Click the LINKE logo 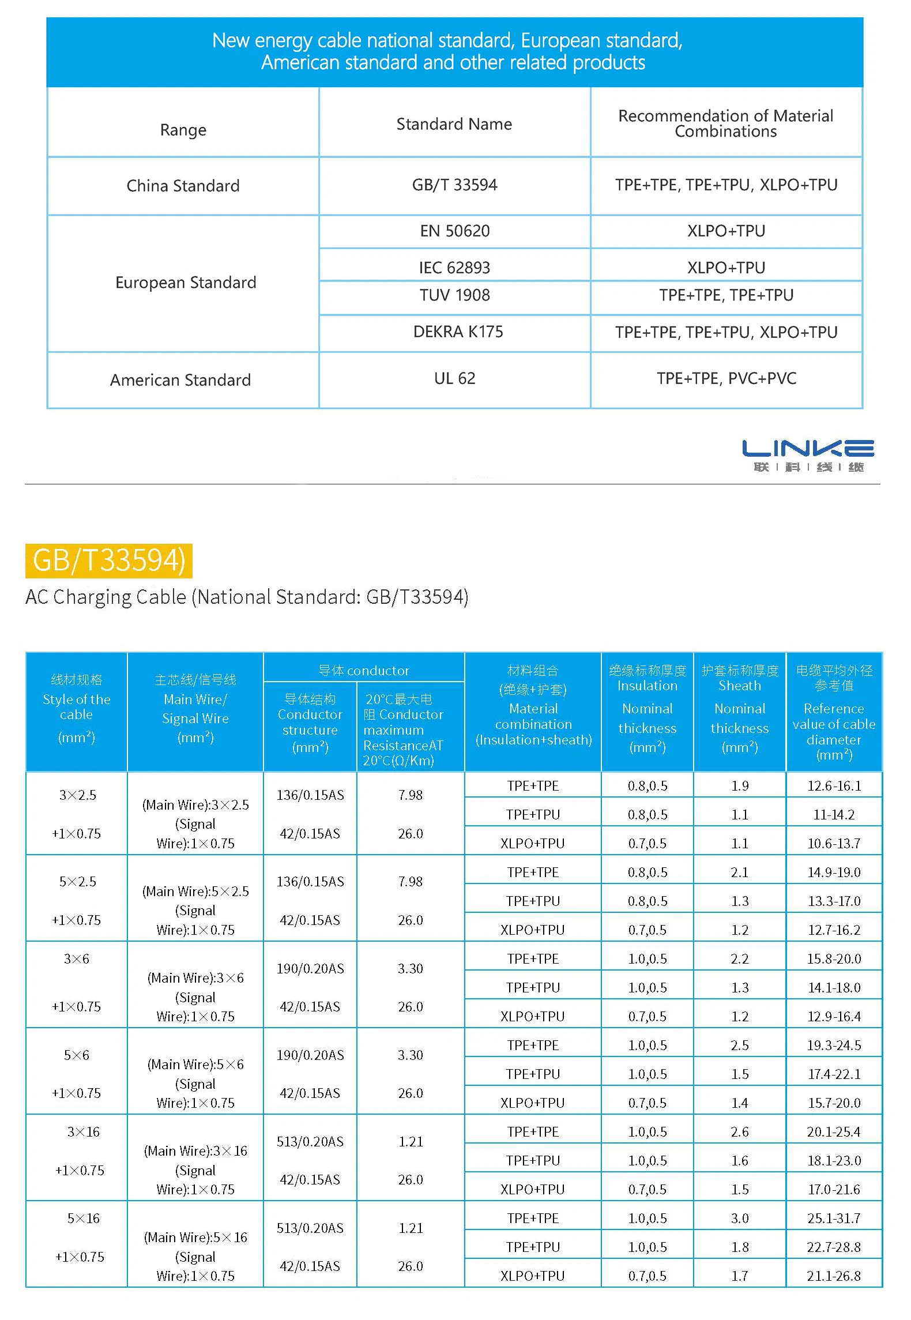click(808, 455)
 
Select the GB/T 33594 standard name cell click(454, 185)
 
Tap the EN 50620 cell click(454, 231)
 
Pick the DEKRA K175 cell click(458, 332)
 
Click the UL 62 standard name click(454, 378)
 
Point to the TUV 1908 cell click(454, 295)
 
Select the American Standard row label click(180, 380)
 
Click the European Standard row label click(186, 283)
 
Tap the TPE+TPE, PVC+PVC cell click(726, 378)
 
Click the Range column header click(183, 130)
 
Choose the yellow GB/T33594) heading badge click(108, 561)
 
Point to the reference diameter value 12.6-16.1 click(834, 785)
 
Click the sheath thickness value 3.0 click(739, 1218)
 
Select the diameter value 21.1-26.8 click(834, 1276)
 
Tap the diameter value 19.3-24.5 click(834, 1045)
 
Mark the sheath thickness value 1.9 click(739, 785)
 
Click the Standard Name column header click(454, 124)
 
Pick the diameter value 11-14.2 click(834, 814)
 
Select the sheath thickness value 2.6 click(739, 1131)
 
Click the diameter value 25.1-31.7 click(834, 1218)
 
